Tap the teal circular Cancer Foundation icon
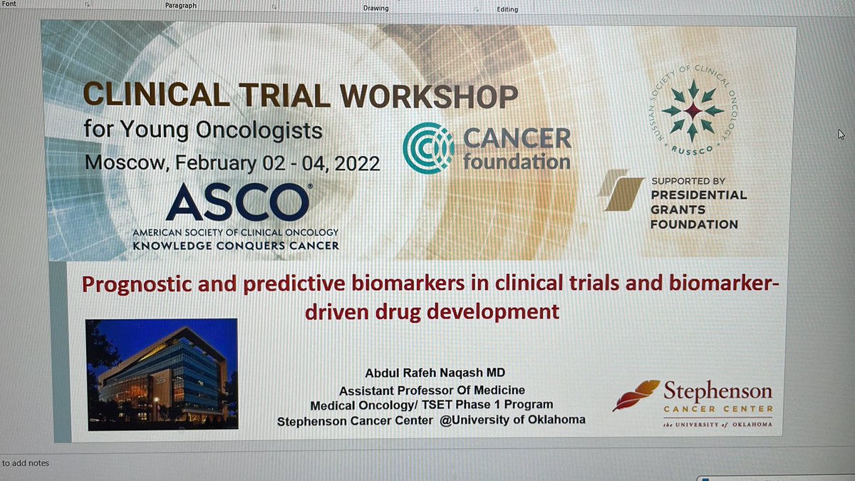(427, 148)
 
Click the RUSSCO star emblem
(692, 110)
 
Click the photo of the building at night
(161, 374)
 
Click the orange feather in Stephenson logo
(636, 395)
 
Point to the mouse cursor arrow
(841, 135)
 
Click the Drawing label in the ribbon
(375, 9)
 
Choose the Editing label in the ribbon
(507, 9)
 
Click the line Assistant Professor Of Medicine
(432, 391)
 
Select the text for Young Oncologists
(203, 131)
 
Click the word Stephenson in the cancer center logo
(717, 391)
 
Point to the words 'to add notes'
(26, 463)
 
